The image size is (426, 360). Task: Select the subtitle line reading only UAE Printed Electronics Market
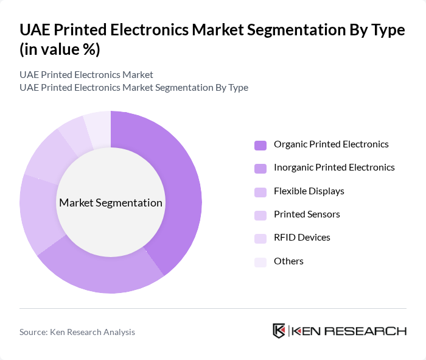(x=86, y=74)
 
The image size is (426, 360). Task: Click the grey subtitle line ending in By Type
(x=133, y=87)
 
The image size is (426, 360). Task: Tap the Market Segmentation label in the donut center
(x=111, y=203)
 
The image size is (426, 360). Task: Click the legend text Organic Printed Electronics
(x=331, y=144)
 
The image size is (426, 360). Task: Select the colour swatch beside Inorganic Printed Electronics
(x=260, y=168)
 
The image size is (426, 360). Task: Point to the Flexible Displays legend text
(x=309, y=191)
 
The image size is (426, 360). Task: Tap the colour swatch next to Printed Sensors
(x=260, y=215)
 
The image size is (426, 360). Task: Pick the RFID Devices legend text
(x=302, y=238)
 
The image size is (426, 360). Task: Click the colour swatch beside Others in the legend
(x=260, y=262)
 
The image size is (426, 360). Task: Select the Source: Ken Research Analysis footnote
(x=77, y=332)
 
